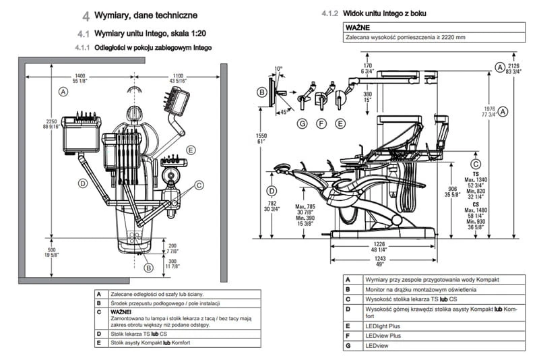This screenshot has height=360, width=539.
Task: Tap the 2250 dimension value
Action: pyautogui.click(x=51, y=113)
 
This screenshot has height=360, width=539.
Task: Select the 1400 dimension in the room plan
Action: pyautogui.click(x=80, y=76)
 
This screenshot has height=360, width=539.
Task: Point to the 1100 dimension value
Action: pyautogui.click(x=178, y=76)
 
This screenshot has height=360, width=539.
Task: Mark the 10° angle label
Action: pyautogui.click(x=279, y=68)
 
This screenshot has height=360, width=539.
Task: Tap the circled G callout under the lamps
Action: pyautogui.click(x=302, y=123)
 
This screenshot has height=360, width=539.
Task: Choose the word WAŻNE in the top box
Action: pyautogui.click(x=356, y=27)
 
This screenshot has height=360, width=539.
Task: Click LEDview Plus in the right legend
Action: pyautogui.click(x=382, y=335)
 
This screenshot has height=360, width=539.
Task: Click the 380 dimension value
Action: pyautogui.click(x=368, y=94)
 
